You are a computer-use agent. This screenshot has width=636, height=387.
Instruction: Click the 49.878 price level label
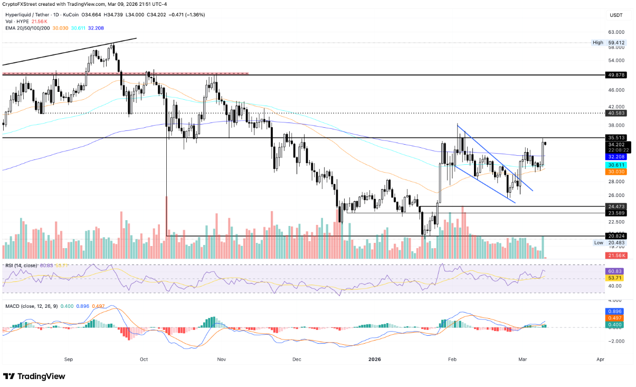tap(616, 75)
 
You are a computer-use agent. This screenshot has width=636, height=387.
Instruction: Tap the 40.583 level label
tap(616, 113)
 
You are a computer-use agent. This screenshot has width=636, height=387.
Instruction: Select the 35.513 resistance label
tap(616, 138)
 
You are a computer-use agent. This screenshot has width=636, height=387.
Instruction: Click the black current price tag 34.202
tap(616, 144)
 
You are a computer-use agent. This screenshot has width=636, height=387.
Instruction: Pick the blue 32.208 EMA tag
tap(616, 157)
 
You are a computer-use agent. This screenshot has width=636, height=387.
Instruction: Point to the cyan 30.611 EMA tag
tap(616, 165)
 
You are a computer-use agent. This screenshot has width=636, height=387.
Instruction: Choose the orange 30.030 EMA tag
tap(616, 172)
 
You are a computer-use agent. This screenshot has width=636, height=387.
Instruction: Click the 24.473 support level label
tap(616, 206)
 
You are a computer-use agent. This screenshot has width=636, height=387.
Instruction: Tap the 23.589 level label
tap(616, 213)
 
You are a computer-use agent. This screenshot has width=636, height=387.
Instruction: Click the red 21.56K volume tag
tap(616, 256)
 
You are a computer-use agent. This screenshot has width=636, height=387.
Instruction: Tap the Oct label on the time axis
tap(144, 359)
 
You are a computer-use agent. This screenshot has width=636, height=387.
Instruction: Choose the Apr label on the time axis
tap(600, 359)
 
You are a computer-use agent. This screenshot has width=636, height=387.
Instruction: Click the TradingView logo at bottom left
tap(34, 376)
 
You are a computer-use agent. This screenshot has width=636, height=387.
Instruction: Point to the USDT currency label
tap(616, 15)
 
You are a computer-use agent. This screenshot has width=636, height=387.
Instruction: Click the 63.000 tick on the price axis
tap(616, 32)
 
